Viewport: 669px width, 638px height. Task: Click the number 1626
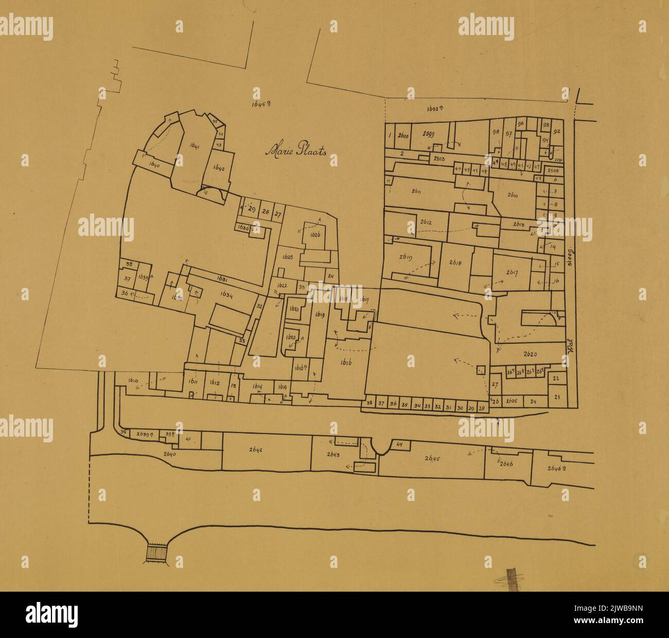click(315, 234)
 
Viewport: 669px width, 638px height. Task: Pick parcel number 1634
click(227, 295)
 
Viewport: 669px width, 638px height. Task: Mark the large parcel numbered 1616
click(346, 363)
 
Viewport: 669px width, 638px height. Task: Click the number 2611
click(417, 192)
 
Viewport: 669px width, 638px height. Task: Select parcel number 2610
click(513, 195)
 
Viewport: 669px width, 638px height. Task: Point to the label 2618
click(455, 262)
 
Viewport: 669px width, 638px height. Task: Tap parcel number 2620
click(530, 354)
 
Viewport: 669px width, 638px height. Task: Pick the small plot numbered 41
click(188, 439)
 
